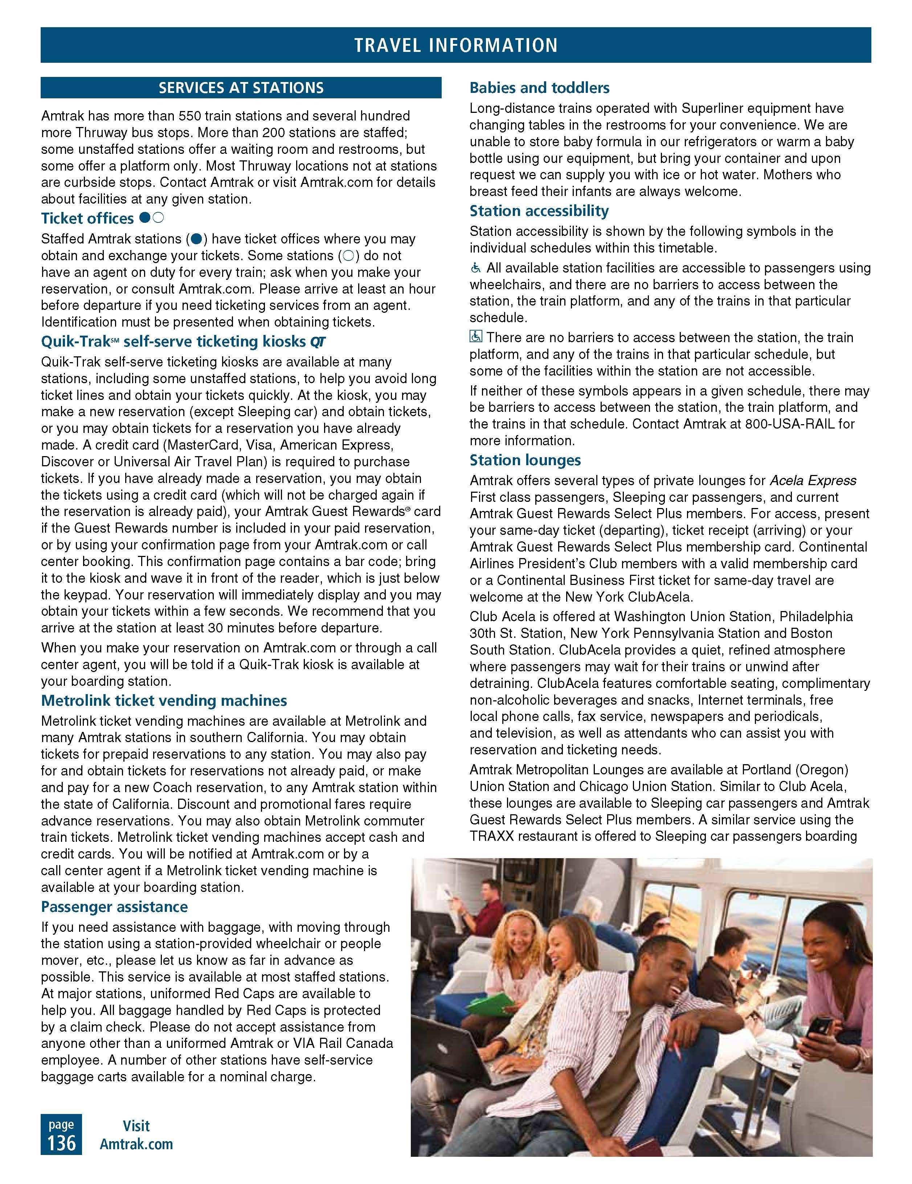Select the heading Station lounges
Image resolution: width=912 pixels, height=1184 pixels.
point(525,460)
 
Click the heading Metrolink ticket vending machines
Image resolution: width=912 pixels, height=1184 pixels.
point(164,700)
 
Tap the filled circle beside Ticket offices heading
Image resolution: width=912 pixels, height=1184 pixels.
point(144,218)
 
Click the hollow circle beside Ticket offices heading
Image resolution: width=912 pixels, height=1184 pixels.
point(158,218)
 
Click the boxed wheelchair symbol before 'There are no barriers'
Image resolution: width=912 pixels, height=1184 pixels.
point(475,337)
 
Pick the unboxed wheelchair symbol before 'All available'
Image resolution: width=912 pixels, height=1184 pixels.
point(475,268)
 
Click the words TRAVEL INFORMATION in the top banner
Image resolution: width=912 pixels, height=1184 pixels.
point(455,45)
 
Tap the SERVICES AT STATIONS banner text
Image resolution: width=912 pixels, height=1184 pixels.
point(241,88)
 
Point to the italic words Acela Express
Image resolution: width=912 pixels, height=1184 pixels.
point(813,480)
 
